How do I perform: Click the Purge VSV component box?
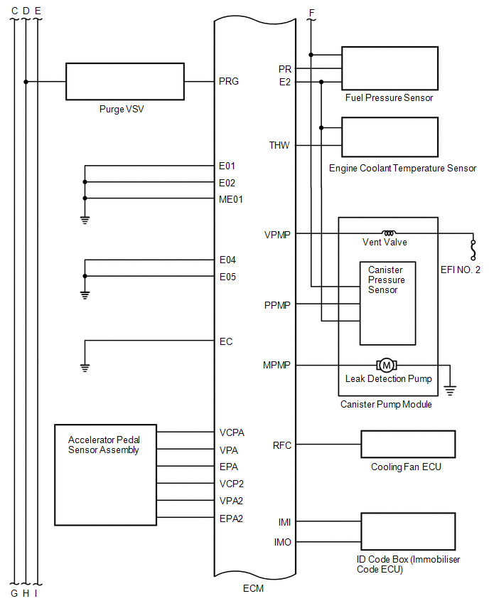pos(124,81)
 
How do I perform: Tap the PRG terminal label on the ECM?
pos(229,81)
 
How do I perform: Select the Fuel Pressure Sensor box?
pos(389,68)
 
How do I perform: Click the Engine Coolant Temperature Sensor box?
pos(389,137)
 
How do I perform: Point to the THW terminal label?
pos(279,146)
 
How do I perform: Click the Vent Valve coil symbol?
pos(389,233)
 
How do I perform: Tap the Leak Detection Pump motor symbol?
pos(387,365)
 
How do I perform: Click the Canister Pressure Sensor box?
pos(387,303)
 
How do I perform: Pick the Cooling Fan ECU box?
pos(408,445)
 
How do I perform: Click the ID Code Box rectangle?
pos(408,531)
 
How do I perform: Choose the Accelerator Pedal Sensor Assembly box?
pos(105,474)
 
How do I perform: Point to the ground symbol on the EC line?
pos(85,367)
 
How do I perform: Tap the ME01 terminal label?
pos(232,199)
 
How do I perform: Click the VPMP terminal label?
pos(277,234)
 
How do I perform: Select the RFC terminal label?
pos(282,445)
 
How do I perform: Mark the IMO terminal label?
pos(282,543)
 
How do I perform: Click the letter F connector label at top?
pos(311,12)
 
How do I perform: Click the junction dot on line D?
pos(26,82)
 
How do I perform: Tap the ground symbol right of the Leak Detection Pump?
pos(450,390)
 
